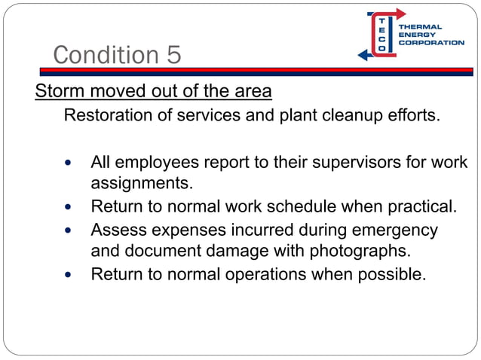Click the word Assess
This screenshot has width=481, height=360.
(x=116, y=229)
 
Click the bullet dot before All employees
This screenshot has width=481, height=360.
(x=71, y=163)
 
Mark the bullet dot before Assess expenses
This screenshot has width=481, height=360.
(x=71, y=230)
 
